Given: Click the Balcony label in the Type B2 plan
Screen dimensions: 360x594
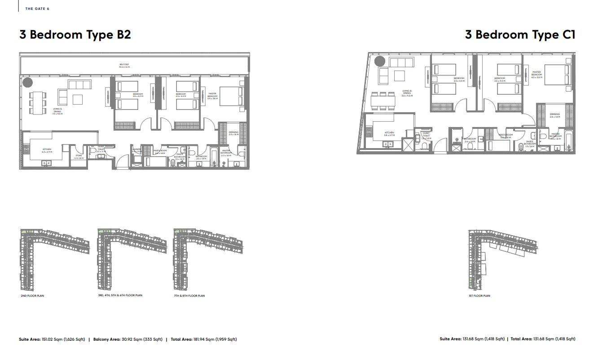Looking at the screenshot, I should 124,66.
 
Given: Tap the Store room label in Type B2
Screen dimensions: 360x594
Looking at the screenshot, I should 79,157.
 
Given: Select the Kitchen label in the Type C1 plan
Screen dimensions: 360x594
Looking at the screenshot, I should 389,133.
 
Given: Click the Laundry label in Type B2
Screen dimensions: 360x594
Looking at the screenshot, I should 136,151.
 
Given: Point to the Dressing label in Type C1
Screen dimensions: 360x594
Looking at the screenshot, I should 555,115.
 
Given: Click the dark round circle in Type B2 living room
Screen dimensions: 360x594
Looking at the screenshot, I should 27,83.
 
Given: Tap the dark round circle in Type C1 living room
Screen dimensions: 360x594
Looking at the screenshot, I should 380,61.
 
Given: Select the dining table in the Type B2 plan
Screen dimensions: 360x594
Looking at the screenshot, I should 38,104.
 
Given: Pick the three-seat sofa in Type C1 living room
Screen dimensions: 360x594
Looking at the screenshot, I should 400,62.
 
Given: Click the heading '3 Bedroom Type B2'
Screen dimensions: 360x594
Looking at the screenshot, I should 75,35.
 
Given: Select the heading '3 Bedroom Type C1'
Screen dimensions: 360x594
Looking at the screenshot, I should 520,35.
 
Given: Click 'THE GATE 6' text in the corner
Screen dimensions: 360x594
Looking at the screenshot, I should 37,9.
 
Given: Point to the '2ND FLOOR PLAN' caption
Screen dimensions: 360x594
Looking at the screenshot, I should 32,296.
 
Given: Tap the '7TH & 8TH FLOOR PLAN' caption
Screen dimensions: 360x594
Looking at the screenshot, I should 189,296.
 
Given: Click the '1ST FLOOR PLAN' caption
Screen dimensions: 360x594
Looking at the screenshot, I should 480,296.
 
